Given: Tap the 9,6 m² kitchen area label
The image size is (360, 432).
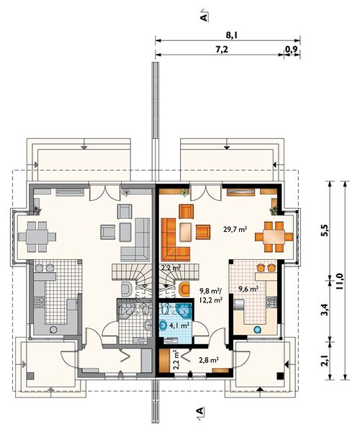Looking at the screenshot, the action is pyautogui.click(x=248, y=289).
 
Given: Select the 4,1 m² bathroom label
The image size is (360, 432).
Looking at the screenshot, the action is pyautogui.click(x=179, y=325).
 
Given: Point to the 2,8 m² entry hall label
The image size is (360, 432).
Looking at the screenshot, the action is pyautogui.click(x=209, y=359).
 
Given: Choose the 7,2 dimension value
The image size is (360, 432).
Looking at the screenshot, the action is pyautogui.click(x=222, y=50).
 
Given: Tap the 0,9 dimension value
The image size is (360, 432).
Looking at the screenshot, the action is pyautogui.click(x=292, y=50).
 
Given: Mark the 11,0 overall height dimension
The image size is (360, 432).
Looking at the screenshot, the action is pyautogui.click(x=339, y=281).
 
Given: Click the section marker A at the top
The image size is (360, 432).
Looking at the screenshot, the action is pyautogui.click(x=204, y=17).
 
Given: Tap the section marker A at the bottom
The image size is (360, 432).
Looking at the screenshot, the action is pyautogui.click(x=200, y=411).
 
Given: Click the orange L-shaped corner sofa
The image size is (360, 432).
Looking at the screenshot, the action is pyautogui.click(x=172, y=243).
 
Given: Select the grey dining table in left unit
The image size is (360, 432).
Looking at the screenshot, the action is pyautogui.click(x=37, y=237).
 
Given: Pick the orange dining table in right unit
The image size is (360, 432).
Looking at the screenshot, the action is pyautogui.click(x=274, y=237).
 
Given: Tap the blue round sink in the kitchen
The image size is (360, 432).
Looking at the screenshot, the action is pyautogui.click(x=257, y=329).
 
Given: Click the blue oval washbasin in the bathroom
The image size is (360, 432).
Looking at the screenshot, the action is pyautogui.click(x=163, y=325).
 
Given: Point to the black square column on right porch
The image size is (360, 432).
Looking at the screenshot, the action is pyautogui.click(x=280, y=376).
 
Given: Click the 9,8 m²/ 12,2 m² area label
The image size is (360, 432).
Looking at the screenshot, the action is pyautogui.click(x=211, y=295).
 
